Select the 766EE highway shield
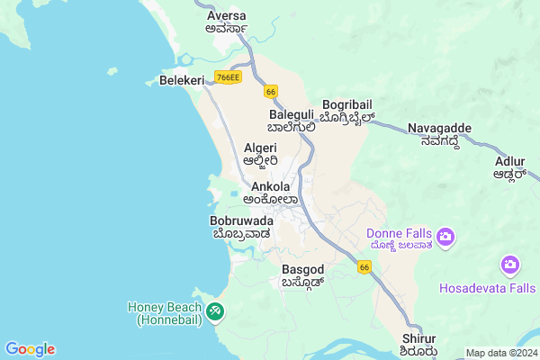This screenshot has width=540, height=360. (x=228, y=77)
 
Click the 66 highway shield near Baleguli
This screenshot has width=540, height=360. (x=270, y=91)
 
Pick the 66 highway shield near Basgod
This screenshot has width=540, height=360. (x=364, y=267)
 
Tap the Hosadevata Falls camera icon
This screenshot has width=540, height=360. (x=510, y=265)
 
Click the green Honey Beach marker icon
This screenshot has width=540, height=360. (x=215, y=311)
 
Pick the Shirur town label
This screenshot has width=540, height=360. (x=420, y=337)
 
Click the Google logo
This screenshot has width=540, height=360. (x=30, y=349)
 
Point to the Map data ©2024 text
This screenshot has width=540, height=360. (x=499, y=353)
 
